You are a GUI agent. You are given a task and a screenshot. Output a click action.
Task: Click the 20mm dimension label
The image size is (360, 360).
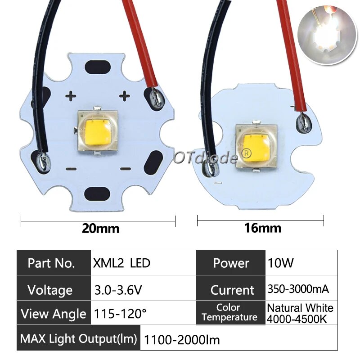pos(100,228)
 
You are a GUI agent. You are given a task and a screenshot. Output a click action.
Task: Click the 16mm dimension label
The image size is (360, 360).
pos(262,228)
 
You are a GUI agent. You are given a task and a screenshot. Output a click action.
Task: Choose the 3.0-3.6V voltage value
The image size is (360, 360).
pos(118,290)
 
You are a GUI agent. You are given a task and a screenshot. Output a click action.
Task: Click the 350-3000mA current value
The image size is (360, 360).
pos(298,289)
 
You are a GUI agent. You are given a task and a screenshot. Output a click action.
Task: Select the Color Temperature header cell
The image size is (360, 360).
pos(229,312)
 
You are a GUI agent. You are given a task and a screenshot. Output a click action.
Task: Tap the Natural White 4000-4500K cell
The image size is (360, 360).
pos(300,313)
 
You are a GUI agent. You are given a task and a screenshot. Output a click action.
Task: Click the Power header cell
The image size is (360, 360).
pos(231,263)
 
